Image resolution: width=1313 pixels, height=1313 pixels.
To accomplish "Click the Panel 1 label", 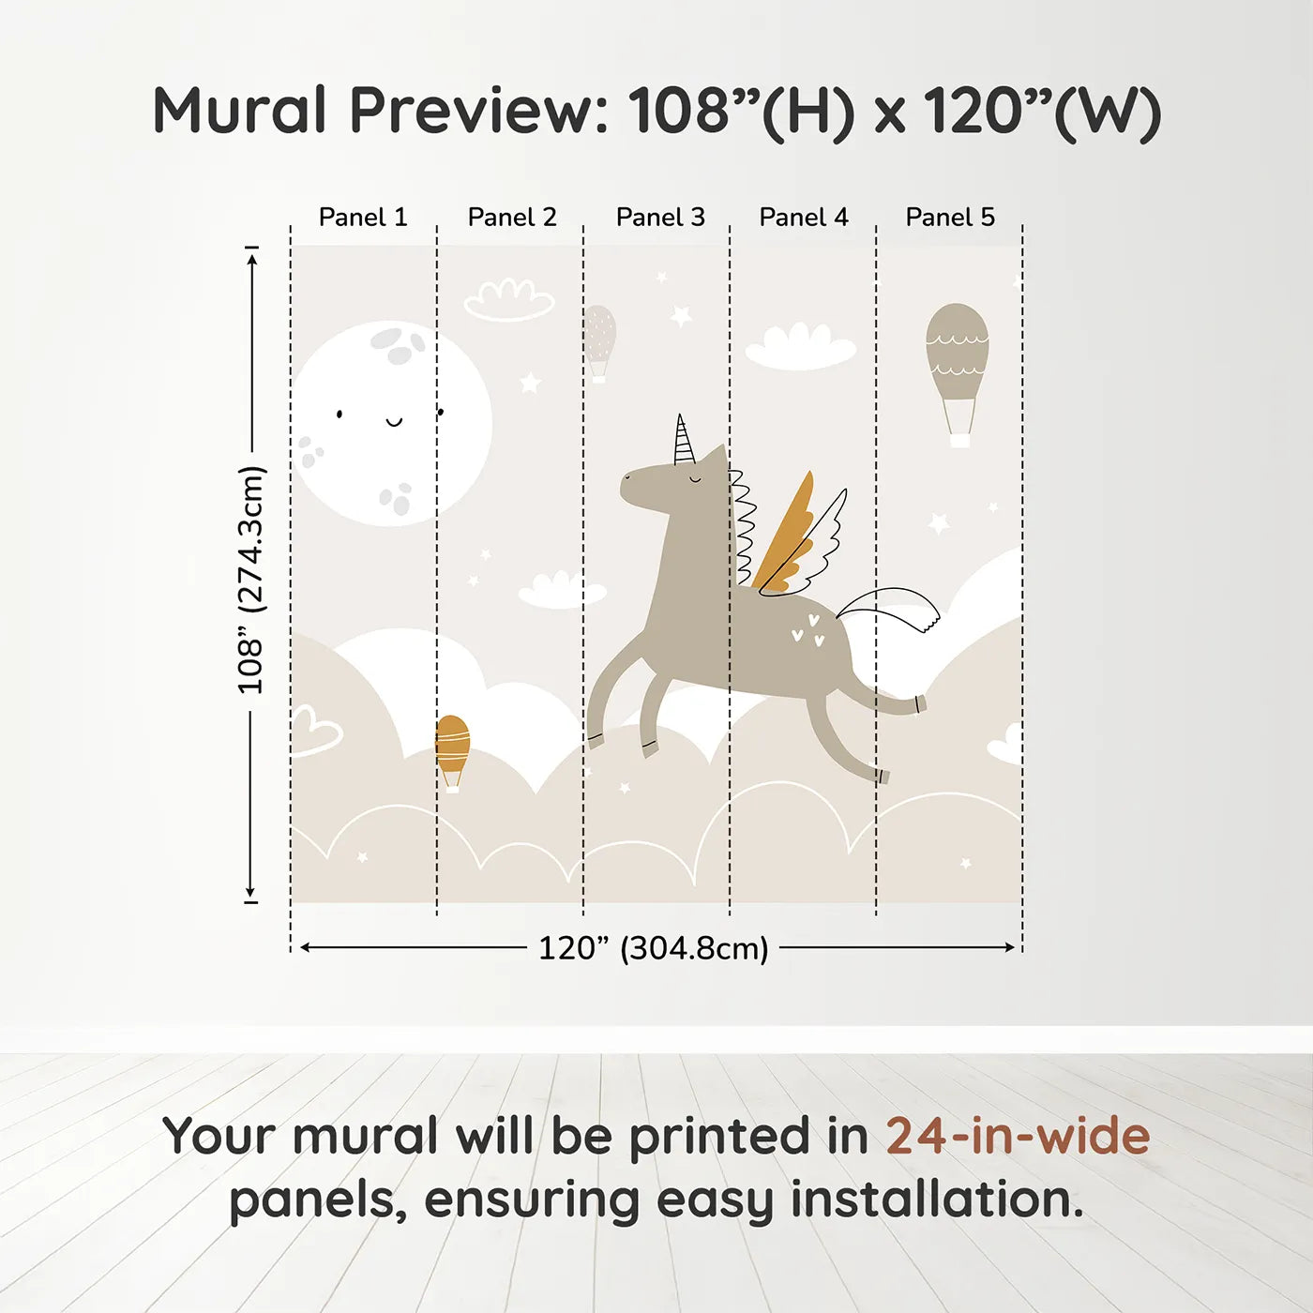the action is point(363,218).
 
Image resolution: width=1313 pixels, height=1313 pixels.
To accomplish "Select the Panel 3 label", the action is point(660,218).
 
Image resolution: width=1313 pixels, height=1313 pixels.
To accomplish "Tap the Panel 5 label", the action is point(950,218).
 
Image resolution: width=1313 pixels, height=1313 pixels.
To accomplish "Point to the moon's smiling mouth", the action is point(395,422).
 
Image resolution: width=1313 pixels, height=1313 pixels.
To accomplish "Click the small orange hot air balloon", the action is point(452,753).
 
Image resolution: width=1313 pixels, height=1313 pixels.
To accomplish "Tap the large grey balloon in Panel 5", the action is point(958,375).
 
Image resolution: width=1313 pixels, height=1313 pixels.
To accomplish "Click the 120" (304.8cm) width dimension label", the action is point(653,948).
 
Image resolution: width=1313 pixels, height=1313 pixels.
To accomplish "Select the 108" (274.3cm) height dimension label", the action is point(249,581).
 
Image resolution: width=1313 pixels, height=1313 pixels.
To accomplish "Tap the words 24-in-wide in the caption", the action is point(1018,1137).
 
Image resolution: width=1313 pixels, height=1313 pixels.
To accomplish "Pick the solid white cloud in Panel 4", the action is point(800,348).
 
